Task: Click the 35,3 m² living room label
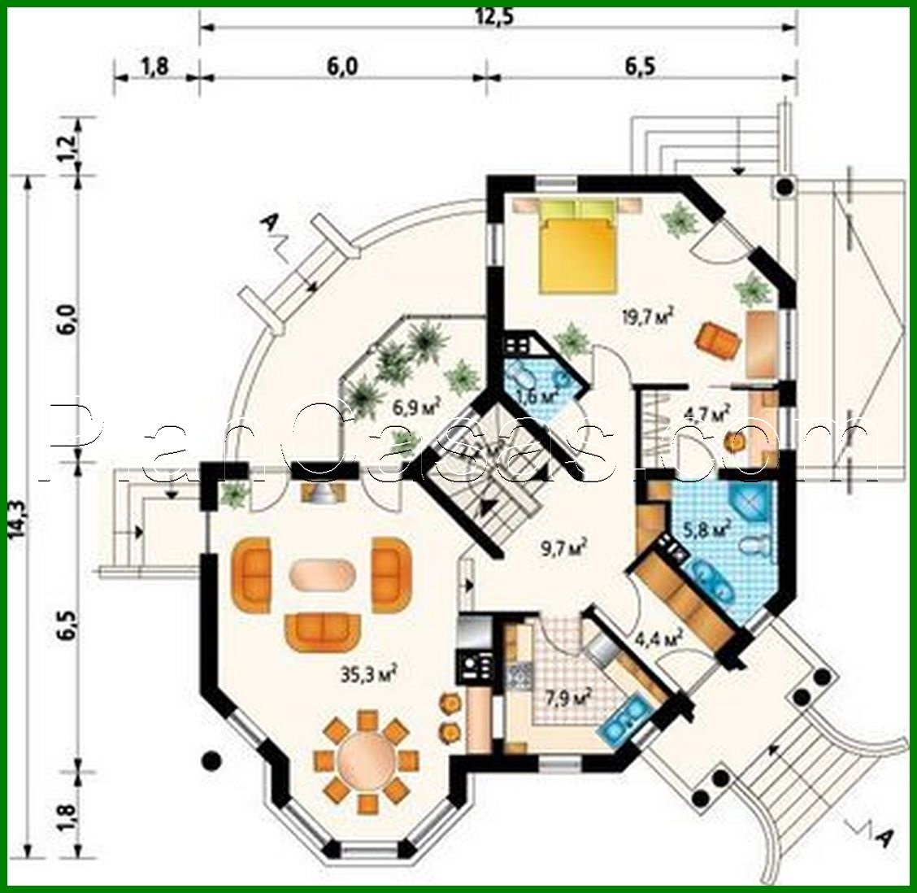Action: click(369, 673)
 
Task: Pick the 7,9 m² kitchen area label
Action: click(566, 697)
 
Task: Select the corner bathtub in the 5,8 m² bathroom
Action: click(750, 505)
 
